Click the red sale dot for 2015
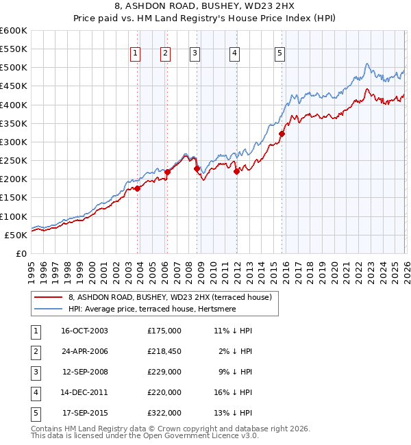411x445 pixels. pyautogui.click(x=282, y=134)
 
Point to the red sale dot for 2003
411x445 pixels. pyautogui.click(x=138, y=188)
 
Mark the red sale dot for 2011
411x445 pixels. pyautogui.click(x=236, y=172)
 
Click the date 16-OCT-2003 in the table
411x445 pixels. pyautogui.click(x=84, y=330)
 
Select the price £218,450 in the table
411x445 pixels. pyautogui.click(x=164, y=351)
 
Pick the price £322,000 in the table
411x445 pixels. pyautogui.click(x=164, y=413)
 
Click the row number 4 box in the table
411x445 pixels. pyautogui.click(x=34, y=392)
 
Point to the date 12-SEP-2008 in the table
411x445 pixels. pyautogui.click(x=84, y=372)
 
